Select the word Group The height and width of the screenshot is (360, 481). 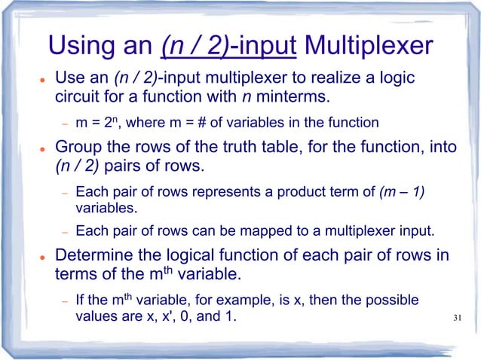pos(81,147)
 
